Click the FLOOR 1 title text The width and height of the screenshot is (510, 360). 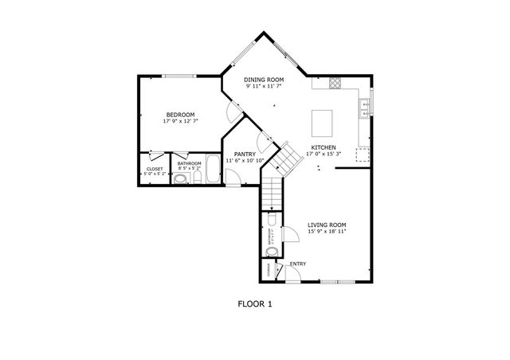pyautogui.click(x=255, y=303)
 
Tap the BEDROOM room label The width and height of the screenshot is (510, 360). pyautogui.click(x=179, y=115)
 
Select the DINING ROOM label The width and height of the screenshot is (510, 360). pyautogui.click(x=264, y=80)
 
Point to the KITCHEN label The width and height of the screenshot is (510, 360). pyautogui.click(x=323, y=147)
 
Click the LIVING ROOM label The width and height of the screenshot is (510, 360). pyautogui.click(x=328, y=225)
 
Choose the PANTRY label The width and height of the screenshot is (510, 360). pyautogui.click(x=245, y=154)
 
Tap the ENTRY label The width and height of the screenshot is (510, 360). pyautogui.click(x=298, y=264)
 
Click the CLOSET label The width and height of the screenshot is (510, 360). pyautogui.click(x=155, y=169)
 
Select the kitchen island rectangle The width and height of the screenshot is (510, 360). pyautogui.click(x=322, y=123)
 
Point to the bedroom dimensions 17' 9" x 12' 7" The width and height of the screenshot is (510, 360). pyautogui.click(x=179, y=122)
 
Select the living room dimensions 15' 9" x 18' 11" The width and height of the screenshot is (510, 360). pyautogui.click(x=328, y=233)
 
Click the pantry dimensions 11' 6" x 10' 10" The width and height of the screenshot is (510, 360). pyautogui.click(x=245, y=161)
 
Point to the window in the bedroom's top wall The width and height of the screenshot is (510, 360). pyautogui.click(x=179, y=76)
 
